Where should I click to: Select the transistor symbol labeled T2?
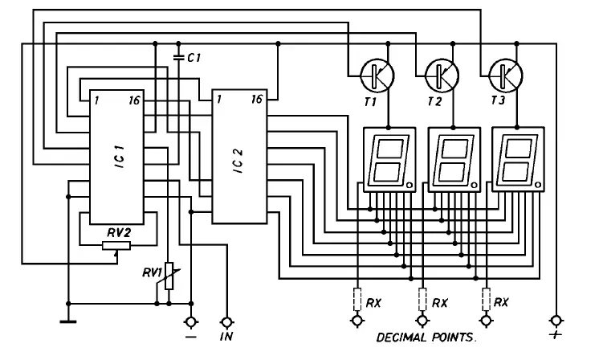442,76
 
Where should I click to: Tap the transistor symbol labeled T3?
506,76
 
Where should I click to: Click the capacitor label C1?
193,58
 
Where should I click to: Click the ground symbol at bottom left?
68,322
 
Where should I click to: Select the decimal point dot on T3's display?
539,186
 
